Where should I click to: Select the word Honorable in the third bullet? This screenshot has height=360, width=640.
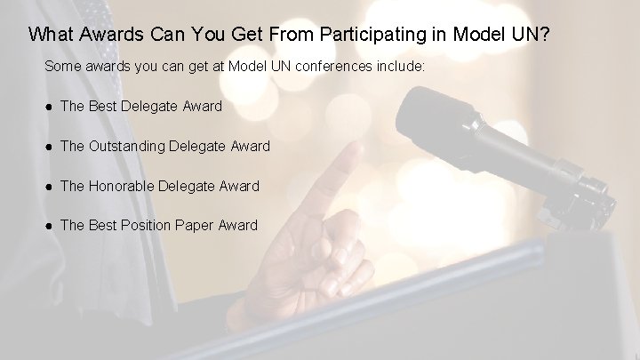(x=121, y=187)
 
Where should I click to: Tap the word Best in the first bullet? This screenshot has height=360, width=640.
(x=103, y=107)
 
